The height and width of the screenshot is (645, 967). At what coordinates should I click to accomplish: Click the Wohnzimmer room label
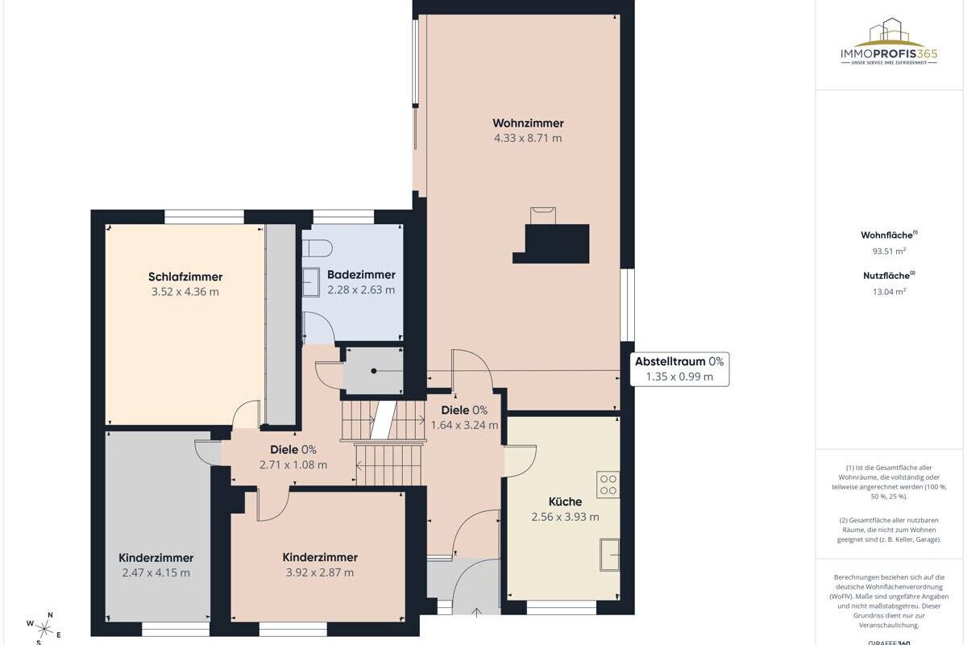(x=528, y=123)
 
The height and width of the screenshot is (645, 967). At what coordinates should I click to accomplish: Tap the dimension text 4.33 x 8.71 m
(x=528, y=138)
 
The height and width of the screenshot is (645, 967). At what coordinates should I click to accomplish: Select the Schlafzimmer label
(x=185, y=277)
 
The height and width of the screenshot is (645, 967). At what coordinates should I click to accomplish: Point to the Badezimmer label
(x=361, y=275)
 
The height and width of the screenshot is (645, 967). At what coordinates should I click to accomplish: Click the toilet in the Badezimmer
(x=317, y=248)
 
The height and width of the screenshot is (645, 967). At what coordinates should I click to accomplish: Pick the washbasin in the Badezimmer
(x=311, y=282)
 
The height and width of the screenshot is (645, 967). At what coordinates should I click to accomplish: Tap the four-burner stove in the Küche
(x=608, y=485)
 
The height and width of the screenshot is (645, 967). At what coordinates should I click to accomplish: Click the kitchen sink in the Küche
(x=610, y=555)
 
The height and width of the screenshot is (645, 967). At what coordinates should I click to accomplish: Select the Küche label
(x=565, y=502)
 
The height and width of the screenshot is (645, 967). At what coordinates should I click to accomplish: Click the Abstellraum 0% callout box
(x=679, y=369)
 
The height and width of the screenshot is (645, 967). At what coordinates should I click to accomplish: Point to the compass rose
(x=44, y=629)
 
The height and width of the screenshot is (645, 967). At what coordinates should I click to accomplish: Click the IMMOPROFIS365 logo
(x=889, y=42)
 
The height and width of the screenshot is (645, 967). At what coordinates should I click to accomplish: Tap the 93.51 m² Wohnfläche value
(x=889, y=251)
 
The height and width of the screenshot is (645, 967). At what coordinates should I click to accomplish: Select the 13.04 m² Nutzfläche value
(x=889, y=292)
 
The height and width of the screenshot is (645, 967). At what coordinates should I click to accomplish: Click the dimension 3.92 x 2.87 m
(x=320, y=573)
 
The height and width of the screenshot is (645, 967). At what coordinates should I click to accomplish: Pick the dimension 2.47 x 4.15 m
(x=156, y=573)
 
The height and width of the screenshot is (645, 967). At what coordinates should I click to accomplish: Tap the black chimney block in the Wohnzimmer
(x=551, y=243)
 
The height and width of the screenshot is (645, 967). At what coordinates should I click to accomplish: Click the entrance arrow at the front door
(x=476, y=613)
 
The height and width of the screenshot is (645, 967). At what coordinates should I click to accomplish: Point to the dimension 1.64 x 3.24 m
(x=464, y=425)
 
